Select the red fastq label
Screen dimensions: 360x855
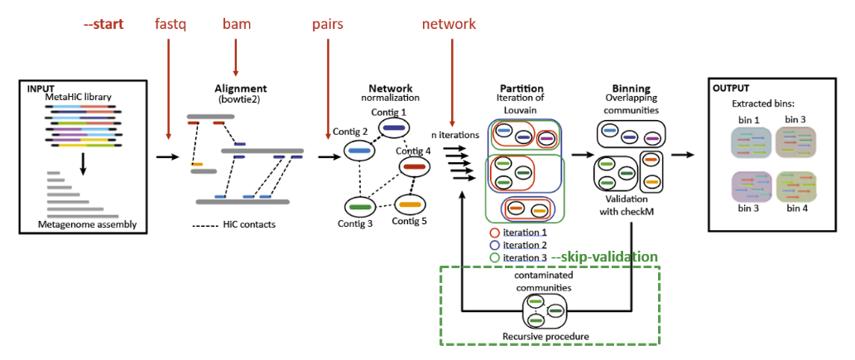tap(171, 24)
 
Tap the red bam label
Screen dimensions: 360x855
tap(236, 24)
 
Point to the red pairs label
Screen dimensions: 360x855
tap(328, 24)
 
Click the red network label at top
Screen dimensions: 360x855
tap(449, 24)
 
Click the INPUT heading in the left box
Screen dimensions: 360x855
tap(42, 89)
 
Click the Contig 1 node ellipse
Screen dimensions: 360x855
tap(392, 128)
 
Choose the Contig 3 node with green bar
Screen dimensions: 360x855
tap(358, 204)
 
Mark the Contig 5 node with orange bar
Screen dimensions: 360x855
tap(409, 203)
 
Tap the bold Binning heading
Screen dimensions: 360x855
tap(631, 89)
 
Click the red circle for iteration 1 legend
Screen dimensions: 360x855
tap(495, 233)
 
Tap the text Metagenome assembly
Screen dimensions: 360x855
tap(87, 224)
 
